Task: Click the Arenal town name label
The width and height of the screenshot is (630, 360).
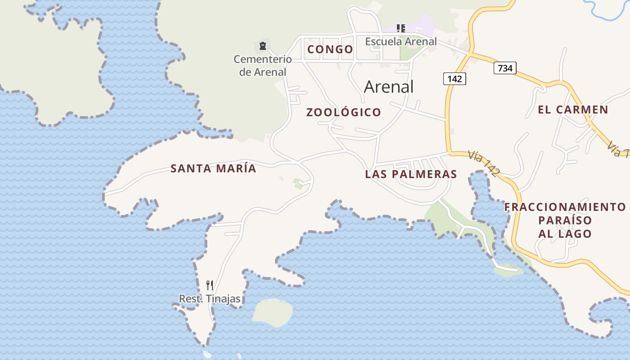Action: click(x=388, y=86)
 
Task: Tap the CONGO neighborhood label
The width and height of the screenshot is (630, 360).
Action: click(x=330, y=49)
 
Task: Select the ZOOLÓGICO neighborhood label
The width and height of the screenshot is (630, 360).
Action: click(x=344, y=112)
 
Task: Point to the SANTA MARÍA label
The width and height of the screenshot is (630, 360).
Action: click(x=213, y=169)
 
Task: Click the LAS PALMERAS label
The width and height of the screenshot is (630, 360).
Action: click(x=411, y=174)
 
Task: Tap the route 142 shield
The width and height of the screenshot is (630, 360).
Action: click(x=454, y=79)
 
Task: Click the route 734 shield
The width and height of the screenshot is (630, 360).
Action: click(x=505, y=68)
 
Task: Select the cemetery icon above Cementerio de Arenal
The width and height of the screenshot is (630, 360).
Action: click(x=263, y=45)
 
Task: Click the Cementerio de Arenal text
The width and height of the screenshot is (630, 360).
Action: click(x=262, y=65)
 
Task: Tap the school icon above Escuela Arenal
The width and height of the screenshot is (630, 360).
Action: click(x=401, y=28)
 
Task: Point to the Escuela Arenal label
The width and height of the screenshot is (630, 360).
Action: click(x=400, y=41)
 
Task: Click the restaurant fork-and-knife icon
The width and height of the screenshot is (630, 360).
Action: click(x=210, y=285)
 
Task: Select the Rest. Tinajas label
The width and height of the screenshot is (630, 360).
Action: click(x=210, y=299)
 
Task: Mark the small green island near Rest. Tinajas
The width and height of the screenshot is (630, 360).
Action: click(x=272, y=312)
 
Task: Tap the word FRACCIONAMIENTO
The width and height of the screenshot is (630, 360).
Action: click(x=565, y=207)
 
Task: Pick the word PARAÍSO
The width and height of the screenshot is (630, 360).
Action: click(x=565, y=220)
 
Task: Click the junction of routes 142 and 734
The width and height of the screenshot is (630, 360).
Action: click(x=470, y=54)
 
